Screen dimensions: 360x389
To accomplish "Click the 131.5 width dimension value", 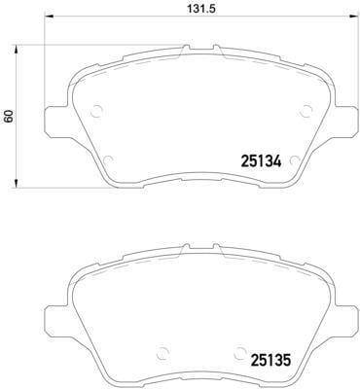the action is tap(200, 9).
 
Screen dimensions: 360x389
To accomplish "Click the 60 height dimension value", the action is tap(8, 116).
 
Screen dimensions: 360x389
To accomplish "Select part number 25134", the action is tap(261, 161).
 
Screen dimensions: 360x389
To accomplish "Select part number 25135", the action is tap(270, 360).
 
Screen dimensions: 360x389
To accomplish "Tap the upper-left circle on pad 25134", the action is tap(97, 111).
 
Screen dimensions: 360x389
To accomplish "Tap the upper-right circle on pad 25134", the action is tap(306, 111).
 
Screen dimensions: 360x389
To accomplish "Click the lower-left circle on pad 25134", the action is tap(108, 160).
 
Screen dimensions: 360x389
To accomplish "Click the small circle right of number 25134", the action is tap(295, 160).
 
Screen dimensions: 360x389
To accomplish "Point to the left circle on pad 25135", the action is tap(162, 353).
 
